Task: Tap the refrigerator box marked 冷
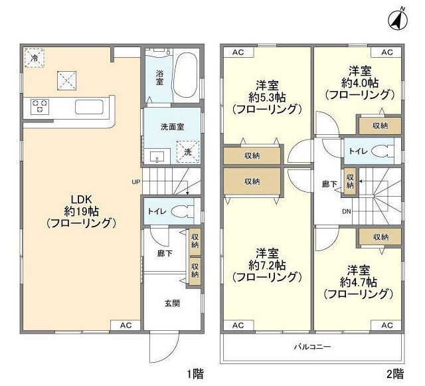[33, 58]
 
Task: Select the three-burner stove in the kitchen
[38, 105]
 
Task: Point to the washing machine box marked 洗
[189, 151]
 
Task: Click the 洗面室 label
[172, 126]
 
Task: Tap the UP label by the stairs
[135, 181]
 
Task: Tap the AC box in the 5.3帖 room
[238, 52]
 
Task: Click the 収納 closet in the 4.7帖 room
[381, 237]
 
